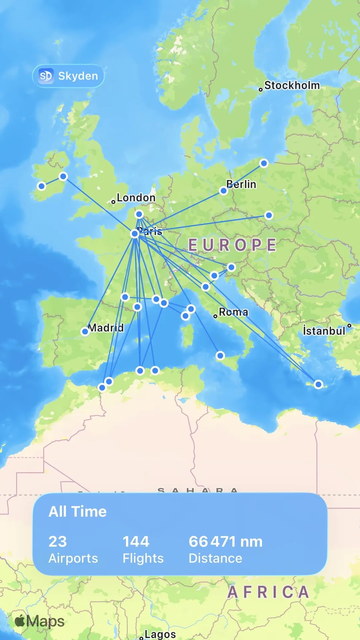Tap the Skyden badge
68,76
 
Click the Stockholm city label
292,85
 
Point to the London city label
136,198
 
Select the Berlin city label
241,184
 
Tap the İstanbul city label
324,331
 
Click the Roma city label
233,312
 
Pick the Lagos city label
160,634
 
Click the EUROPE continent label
232,245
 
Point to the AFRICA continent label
268,592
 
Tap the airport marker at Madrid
85,331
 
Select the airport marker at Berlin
224,191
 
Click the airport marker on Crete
318,384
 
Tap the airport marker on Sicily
220,356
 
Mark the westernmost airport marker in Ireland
42,186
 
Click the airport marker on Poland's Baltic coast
264,163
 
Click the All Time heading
78,511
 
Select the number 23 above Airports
58,541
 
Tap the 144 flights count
136,541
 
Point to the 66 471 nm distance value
225,541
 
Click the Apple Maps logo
40,621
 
